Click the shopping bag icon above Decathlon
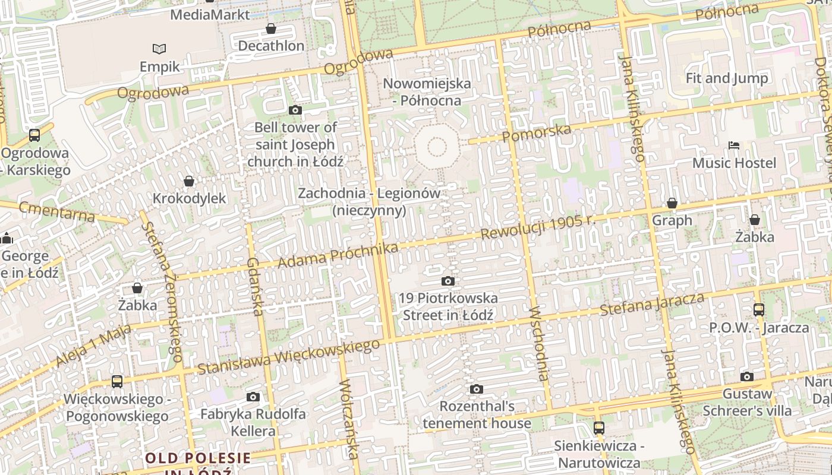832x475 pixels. pos(271,28)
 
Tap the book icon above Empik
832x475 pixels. pos(159,49)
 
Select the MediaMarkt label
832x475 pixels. pos(210,14)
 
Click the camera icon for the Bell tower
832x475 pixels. pos(295,110)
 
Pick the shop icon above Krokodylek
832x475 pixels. pos(189,181)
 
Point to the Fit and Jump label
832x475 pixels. pos(726,78)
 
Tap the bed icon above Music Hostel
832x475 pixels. pos(734,145)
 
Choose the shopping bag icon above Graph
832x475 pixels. pos(672,203)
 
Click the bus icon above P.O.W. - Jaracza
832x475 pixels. pos(759,309)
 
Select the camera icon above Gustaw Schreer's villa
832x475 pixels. pos(747,376)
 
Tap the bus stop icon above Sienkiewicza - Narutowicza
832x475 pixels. pos(598,427)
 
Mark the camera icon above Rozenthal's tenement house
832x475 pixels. pos(476,389)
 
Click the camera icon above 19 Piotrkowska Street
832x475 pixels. pos(448,281)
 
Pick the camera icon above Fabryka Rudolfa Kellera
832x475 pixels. pos(253,397)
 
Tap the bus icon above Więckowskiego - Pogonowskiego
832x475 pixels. pos(117,382)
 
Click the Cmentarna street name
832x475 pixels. pos(56,211)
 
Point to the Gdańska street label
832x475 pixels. pos(255,286)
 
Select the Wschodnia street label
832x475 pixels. pos(539,343)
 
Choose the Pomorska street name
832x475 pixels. pos(536,133)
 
